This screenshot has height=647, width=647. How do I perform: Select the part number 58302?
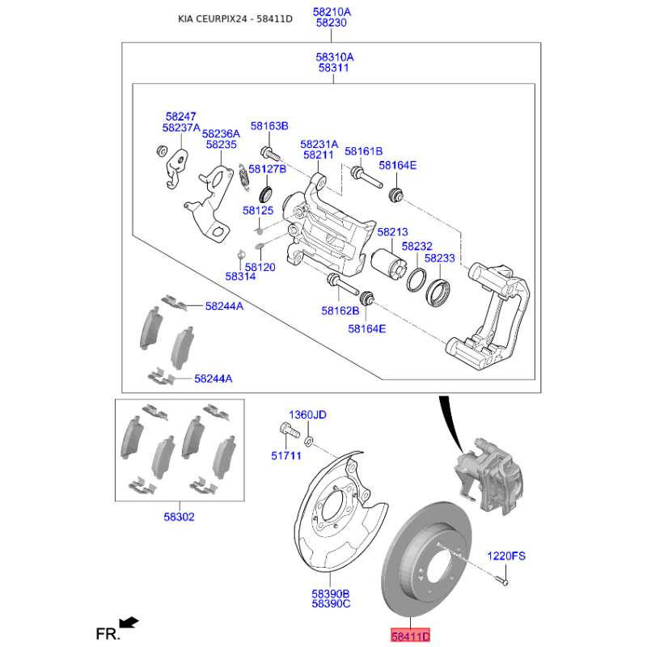[x=178, y=517]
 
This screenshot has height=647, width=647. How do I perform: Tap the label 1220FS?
[x=505, y=556]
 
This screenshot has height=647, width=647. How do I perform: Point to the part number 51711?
[x=285, y=456]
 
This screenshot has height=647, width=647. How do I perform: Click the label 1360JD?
[x=308, y=415]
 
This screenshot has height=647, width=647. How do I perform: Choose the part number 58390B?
[x=332, y=593]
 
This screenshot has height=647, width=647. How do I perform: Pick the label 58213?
[x=392, y=232]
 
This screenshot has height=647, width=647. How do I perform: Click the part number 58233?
[x=440, y=258]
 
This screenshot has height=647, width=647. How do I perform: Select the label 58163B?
[x=269, y=126]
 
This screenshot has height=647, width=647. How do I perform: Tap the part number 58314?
[x=240, y=277]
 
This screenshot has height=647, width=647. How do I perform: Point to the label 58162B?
[x=340, y=310]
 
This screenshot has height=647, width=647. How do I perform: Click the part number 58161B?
[x=363, y=151]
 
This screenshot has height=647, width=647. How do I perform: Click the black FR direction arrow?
[x=128, y=622]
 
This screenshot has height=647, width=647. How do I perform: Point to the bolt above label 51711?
[x=285, y=431]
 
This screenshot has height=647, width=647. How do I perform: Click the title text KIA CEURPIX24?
[x=214, y=19]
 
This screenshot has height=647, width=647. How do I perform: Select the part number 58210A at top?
[x=332, y=11]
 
